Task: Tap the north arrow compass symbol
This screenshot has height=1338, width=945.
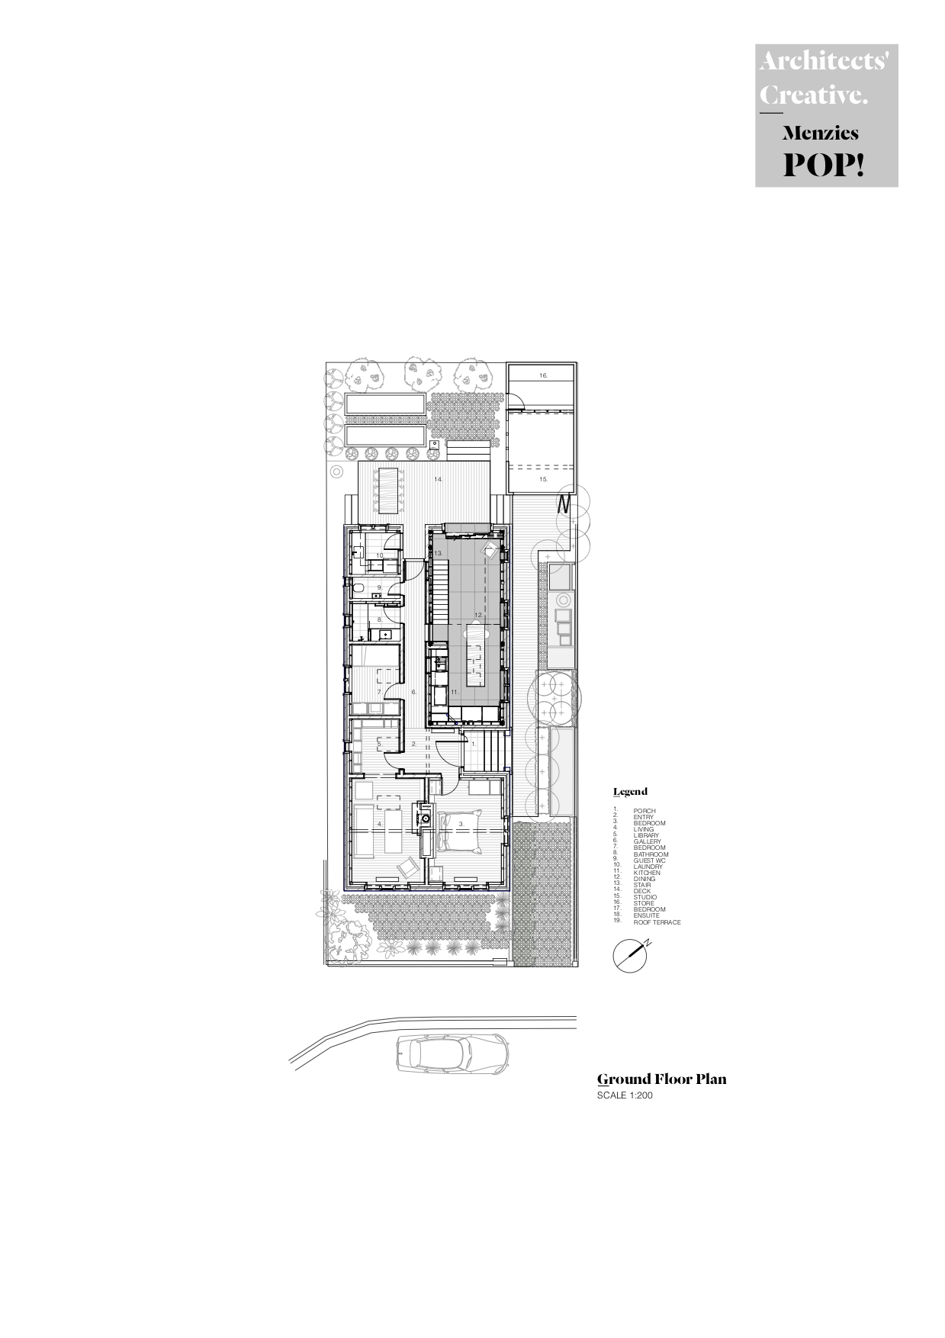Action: (632, 956)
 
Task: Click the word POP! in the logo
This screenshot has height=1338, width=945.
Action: (824, 164)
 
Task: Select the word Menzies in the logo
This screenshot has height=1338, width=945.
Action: (820, 133)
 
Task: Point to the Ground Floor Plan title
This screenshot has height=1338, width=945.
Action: (661, 1079)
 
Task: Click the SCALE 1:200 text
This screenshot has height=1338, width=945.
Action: (625, 1096)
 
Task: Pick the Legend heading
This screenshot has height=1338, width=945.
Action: (630, 792)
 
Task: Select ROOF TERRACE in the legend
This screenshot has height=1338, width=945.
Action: (657, 922)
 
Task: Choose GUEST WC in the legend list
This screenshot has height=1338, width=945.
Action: (649, 860)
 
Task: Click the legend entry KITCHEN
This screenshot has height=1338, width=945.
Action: (647, 873)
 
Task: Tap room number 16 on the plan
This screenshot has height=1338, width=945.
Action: (543, 375)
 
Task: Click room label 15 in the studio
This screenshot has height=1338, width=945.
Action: (543, 479)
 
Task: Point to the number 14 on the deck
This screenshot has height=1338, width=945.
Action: (438, 479)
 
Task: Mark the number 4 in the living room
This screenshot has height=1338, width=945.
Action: (379, 824)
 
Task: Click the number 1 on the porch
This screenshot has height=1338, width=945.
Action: (472, 743)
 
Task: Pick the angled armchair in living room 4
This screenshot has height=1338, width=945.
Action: (408, 867)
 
